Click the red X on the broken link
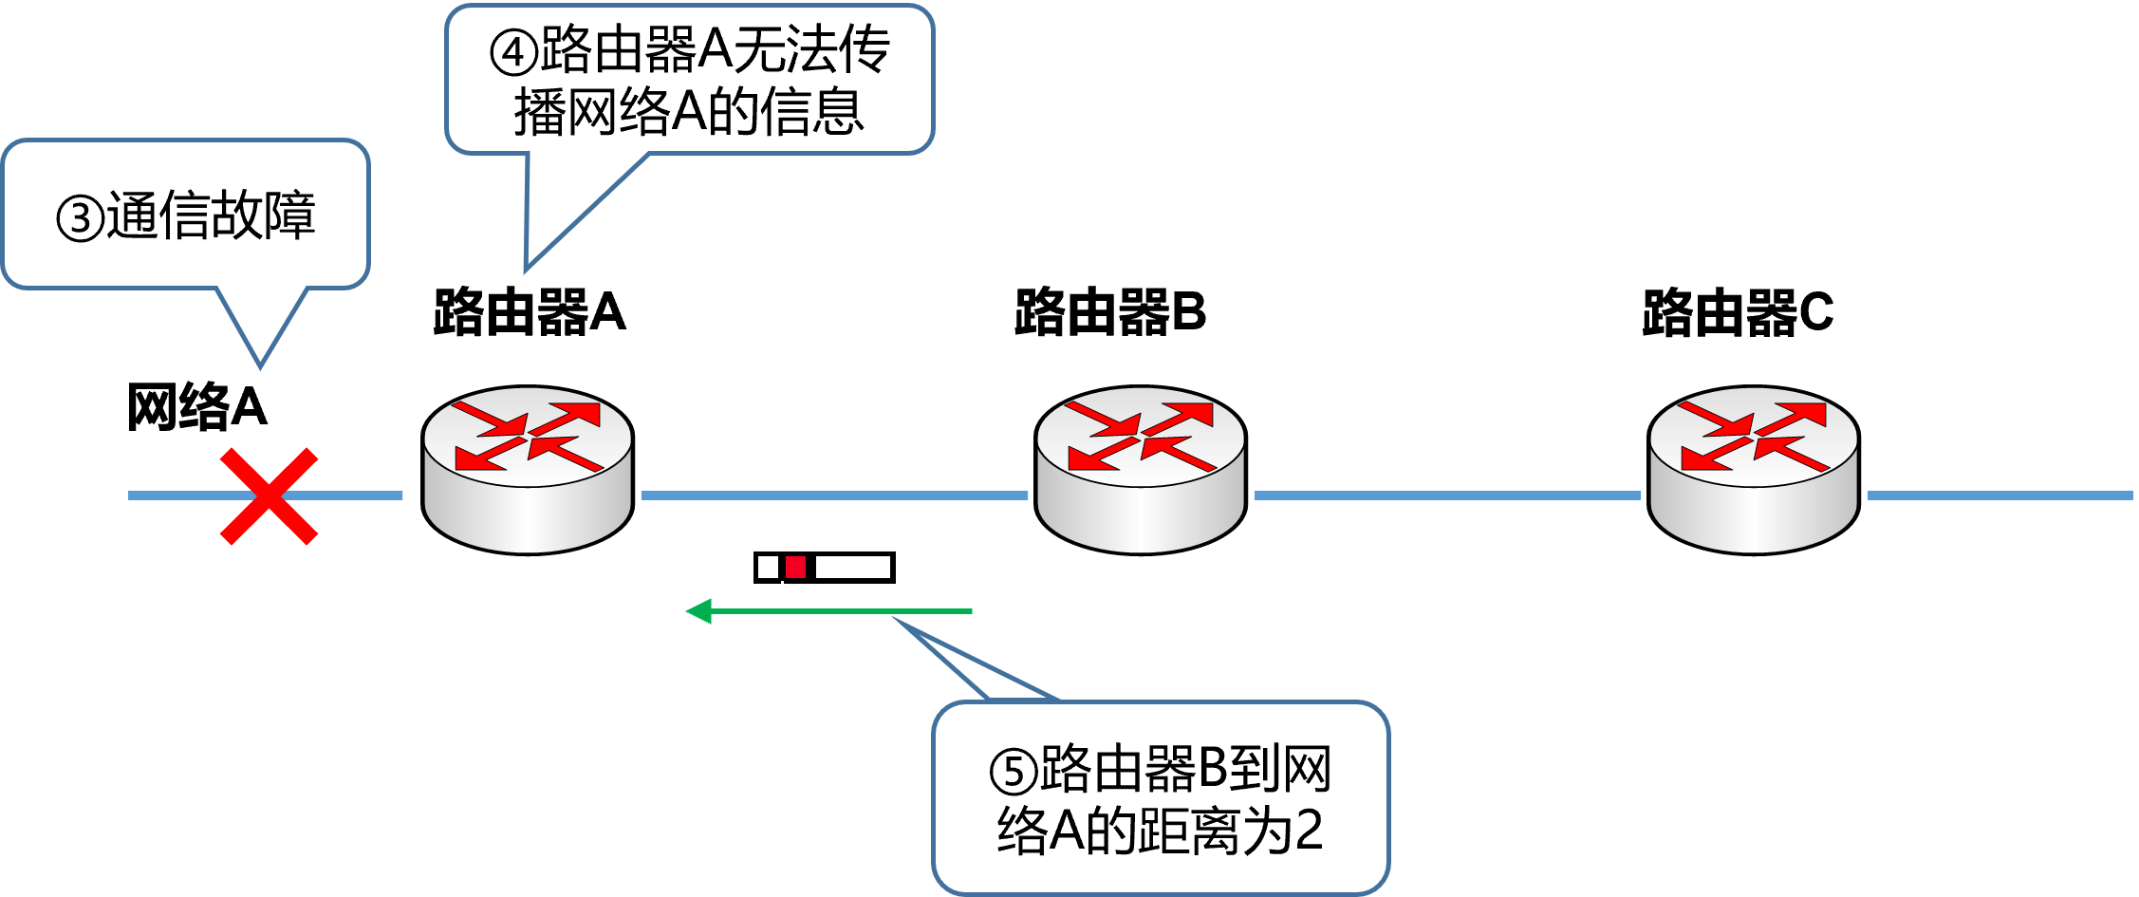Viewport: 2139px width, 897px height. coord(269,496)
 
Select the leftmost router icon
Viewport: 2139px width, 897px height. coord(528,470)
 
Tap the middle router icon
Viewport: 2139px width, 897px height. coord(1141,470)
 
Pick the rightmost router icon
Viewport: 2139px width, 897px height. coord(1754,470)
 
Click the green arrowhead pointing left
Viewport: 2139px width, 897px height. coord(699,611)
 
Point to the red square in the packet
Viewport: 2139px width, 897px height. coord(795,568)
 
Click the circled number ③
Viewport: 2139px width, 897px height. coord(80,218)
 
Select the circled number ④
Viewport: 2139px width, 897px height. coord(513,53)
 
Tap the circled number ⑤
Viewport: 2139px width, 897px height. coord(1014,772)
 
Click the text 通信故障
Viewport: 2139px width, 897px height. coord(211,215)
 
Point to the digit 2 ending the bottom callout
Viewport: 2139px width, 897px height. coord(1309,831)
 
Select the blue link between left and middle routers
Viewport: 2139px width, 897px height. coord(835,495)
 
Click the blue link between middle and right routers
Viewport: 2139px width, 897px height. coord(1447,495)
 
